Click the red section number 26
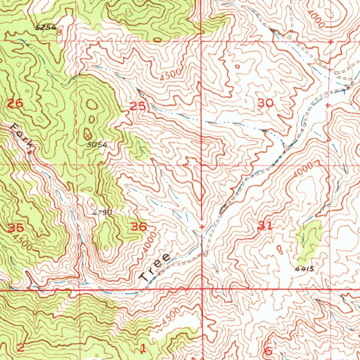15,103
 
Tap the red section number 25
138,106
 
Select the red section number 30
265,103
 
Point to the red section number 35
16,228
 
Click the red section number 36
139,227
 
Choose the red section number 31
265,226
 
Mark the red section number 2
20,348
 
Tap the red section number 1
143,348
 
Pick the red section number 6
268,351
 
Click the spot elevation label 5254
46,27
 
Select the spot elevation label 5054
97,144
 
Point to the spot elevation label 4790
102,212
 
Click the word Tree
155,267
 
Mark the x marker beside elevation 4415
318,263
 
